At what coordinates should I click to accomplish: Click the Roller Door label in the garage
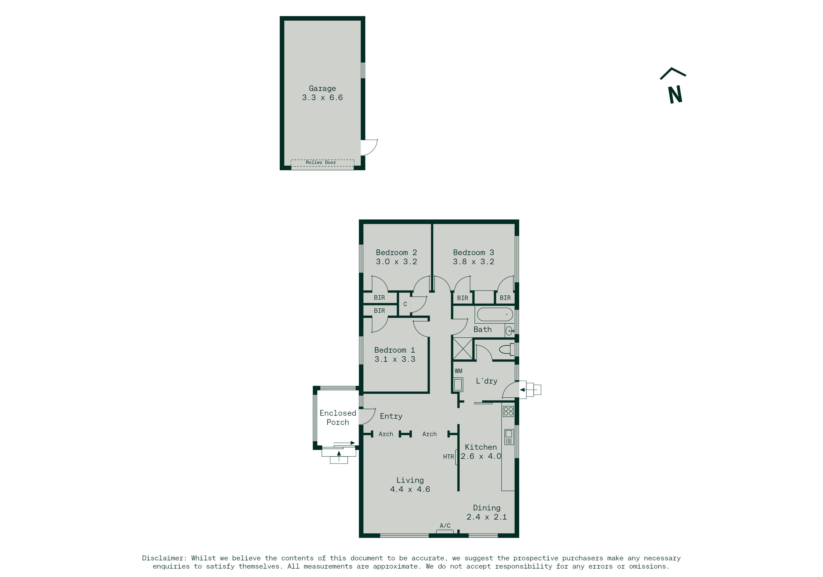[320, 162]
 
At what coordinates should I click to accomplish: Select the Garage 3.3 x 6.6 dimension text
[322, 98]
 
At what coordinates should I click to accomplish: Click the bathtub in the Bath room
[495, 314]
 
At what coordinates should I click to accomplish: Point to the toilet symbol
[507, 349]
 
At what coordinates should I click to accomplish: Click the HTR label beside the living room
[448, 457]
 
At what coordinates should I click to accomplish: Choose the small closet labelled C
[405, 304]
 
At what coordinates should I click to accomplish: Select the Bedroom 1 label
[395, 350]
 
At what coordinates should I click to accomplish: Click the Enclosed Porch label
[338, 418]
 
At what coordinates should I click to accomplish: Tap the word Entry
[391, 416]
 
